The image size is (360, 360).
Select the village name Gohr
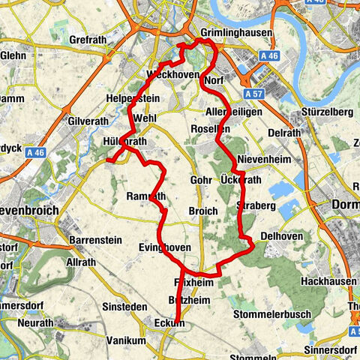coord(202,181)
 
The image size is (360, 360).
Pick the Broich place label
coord(203,211)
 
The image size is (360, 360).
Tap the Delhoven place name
coord(281,235)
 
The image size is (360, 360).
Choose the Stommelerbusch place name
coord(272,313)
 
